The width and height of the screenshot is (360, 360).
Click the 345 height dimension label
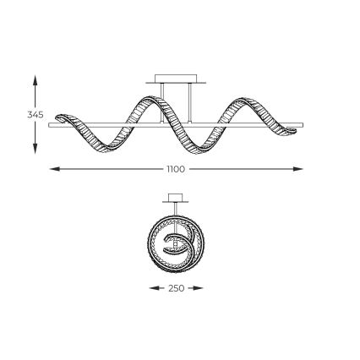35,113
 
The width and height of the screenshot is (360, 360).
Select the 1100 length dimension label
176,169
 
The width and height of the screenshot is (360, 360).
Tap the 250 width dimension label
176,288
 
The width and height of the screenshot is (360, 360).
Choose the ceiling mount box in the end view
176,198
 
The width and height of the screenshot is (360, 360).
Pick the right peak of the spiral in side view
248,102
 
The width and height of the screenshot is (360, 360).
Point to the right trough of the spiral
203,147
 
